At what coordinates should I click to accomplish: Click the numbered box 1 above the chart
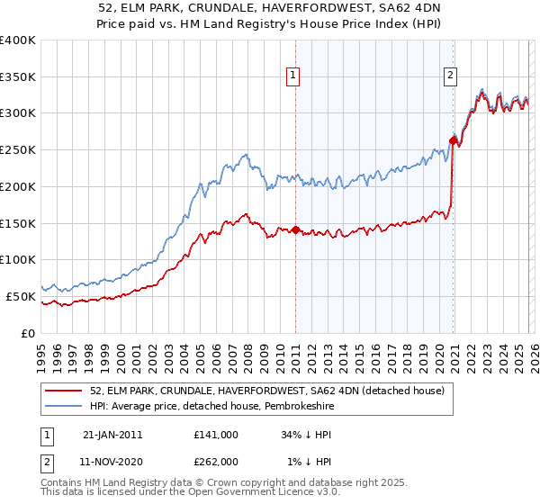click(293, 76)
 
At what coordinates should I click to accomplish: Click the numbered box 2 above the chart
click(449, 76)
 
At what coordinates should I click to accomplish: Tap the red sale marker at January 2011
click(295, 230)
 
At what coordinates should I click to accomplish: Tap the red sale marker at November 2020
click(453, 139)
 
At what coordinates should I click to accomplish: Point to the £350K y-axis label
click(18, 77)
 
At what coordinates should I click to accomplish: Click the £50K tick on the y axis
click(21, 296)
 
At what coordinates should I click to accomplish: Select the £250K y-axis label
click(18, 150)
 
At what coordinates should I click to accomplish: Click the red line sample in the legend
click(64, 391)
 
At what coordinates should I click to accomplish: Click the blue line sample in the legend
click(64, 407)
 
